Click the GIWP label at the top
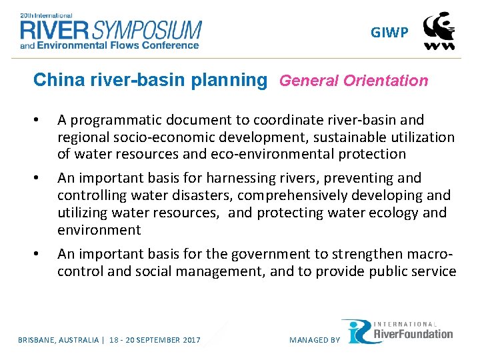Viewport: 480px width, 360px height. [x=390, y=33]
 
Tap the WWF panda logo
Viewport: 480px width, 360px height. [x=440, y=31]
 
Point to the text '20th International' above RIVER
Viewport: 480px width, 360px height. [x=49, y=14]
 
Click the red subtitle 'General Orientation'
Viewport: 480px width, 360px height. [x=353, y=81]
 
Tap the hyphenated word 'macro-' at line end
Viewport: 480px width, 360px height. [x=429, y=254]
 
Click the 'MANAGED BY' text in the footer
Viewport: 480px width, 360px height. [x=314, y=340]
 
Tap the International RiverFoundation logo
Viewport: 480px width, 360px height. [x=398, y=331]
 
